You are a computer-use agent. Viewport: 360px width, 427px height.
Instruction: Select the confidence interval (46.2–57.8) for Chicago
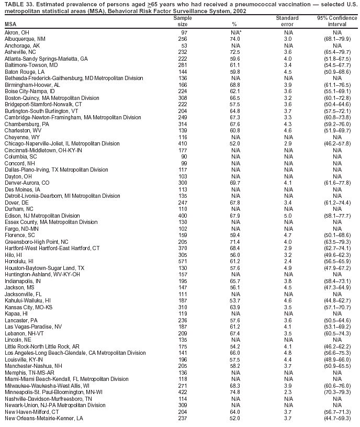tap(333, 143)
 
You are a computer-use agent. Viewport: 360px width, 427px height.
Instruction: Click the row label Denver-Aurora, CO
tap(27, 183)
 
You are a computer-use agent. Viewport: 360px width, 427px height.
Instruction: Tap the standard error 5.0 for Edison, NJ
tap(287, 215)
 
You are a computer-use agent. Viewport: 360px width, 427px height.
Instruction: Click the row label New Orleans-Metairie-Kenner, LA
tap(43, 418)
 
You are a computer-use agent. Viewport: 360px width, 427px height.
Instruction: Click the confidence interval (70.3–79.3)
tap(333, 392)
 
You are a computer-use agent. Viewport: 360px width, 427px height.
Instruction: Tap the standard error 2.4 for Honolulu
tap(287, 260)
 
